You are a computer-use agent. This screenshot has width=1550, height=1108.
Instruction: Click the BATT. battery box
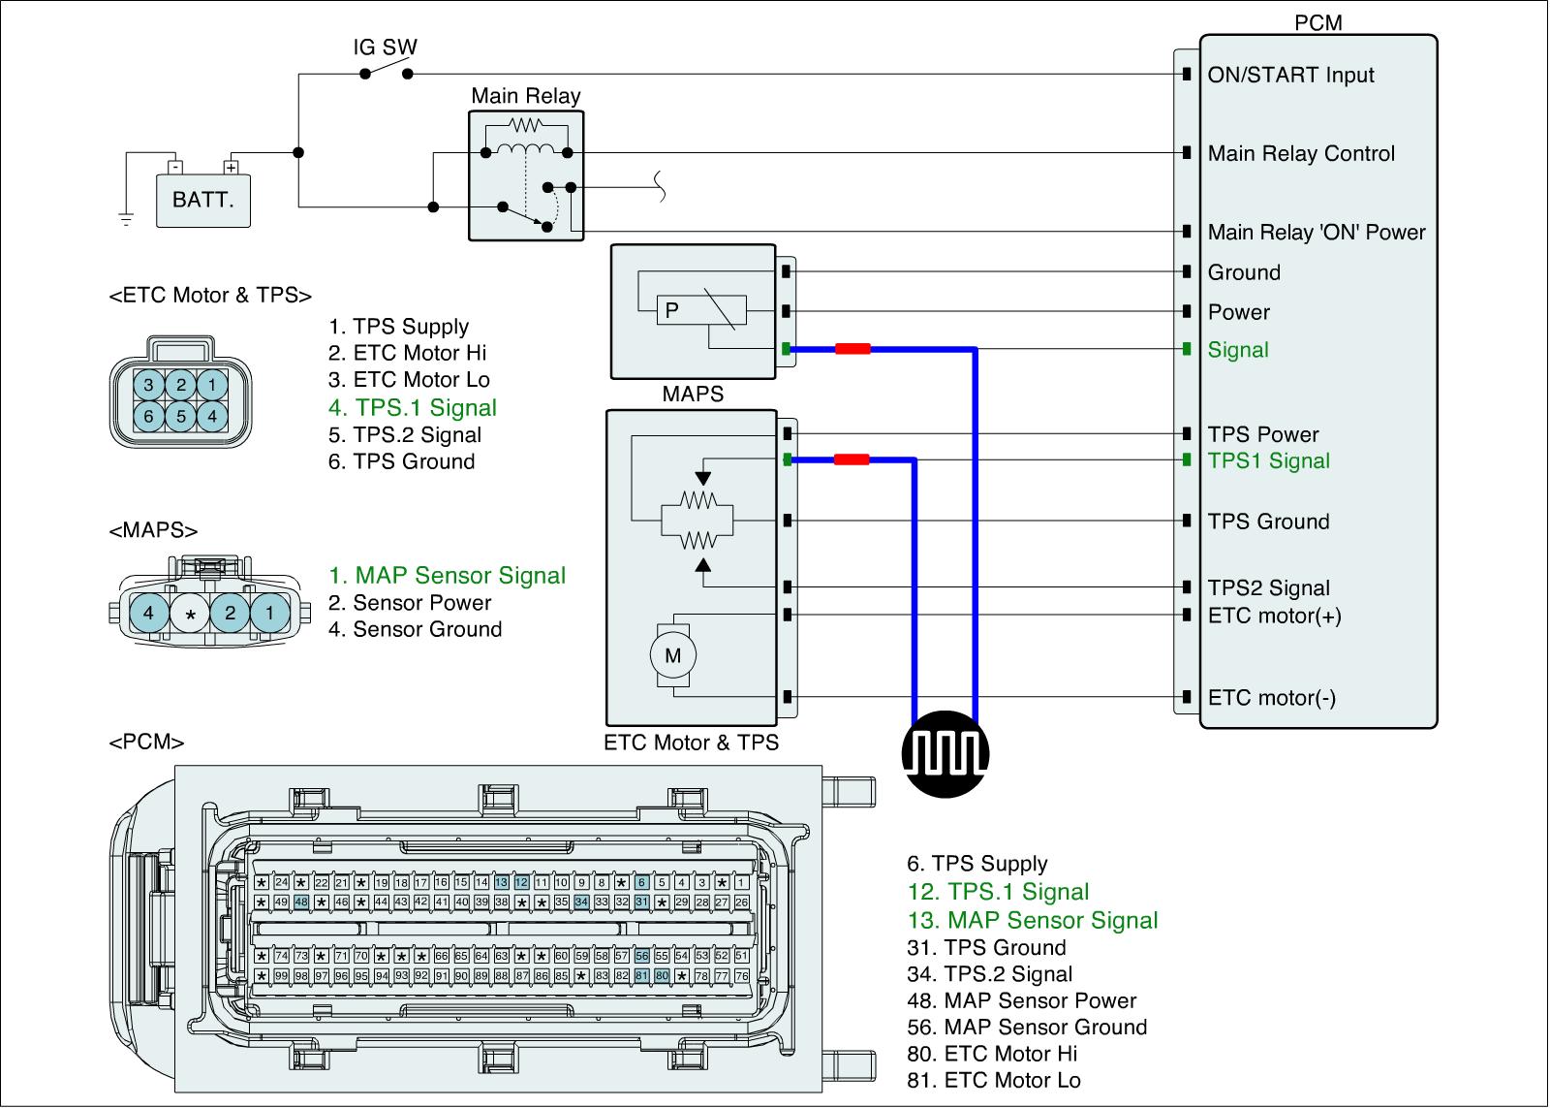tap(203, 200)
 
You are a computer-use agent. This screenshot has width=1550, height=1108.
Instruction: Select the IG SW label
tap(386, 47)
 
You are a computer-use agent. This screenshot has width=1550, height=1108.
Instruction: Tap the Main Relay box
tap(526, 175)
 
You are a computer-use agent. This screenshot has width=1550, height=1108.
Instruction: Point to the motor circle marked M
tap(672, 655)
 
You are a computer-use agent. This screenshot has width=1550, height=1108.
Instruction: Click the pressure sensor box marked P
tap(671, 311)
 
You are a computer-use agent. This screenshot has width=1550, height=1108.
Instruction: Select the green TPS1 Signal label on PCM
tap(1268, 461)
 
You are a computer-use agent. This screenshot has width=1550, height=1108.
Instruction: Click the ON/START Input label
tap(1290, 75)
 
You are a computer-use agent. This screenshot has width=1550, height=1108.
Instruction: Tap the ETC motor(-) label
tap(1272, 698)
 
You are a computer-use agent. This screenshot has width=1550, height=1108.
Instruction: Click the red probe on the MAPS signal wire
tap(852, 349)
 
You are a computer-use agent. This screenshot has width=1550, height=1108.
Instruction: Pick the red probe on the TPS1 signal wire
tap(851, 460)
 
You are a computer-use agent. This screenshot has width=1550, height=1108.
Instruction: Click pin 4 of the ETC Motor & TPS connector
tap(212, 417)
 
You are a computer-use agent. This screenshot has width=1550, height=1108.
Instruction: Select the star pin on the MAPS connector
tap(191, 614)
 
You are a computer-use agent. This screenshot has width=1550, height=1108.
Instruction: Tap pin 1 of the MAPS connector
tap(270, 613)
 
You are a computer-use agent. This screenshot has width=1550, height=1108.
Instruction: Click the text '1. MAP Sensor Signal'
tap(447, 576)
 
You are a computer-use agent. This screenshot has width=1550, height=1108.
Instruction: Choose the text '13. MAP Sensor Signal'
tap(1033, 921)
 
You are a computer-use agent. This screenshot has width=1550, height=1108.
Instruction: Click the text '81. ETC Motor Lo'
tap(993, 1080)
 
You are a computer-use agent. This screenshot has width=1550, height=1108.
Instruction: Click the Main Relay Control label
tap(1301, 153)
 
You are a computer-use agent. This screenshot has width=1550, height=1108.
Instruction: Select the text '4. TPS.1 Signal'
tap(413, 408)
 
